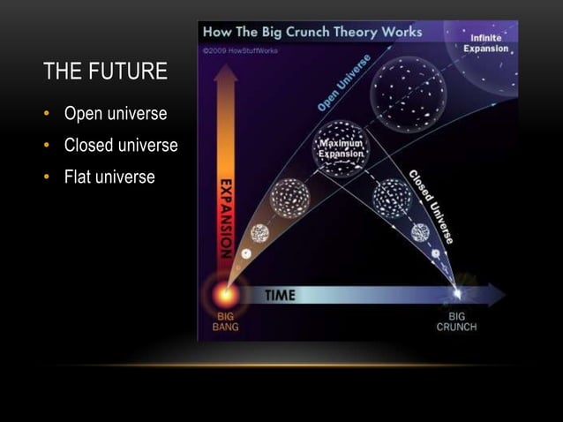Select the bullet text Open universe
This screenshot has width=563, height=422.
tap(115, 115)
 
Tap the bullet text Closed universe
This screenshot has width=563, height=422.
tap(120, 146)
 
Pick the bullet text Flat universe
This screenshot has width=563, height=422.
tap(109, 177)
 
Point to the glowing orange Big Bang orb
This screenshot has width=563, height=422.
tap(225, 294)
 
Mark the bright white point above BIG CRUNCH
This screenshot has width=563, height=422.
tap(456, 293)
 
